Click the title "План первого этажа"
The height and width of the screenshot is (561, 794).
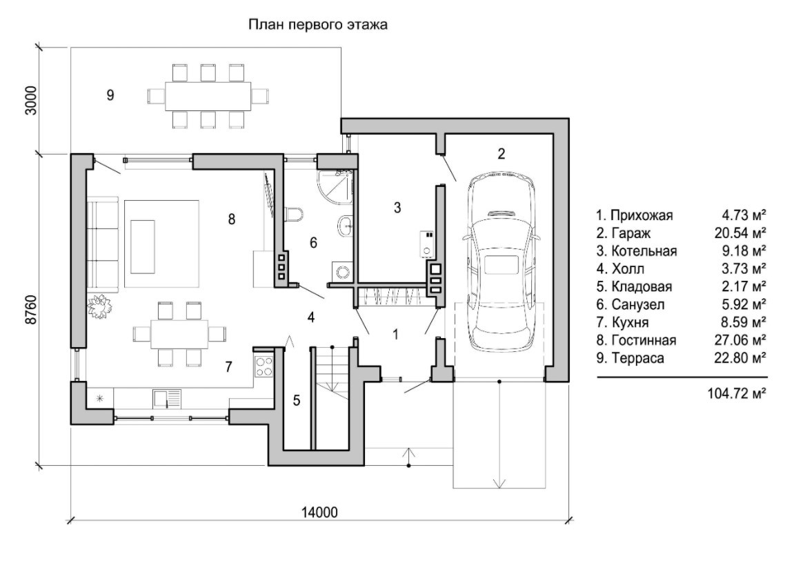(x=318, y=26)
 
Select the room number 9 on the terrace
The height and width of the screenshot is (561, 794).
(x=110, y=96)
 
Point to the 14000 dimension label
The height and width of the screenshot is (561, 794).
(x=319, y=513)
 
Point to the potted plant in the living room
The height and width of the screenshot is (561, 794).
(x=99, y=304)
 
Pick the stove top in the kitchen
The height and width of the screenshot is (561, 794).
(x=264, y=366)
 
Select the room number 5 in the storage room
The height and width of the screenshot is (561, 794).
(x=296, y=400)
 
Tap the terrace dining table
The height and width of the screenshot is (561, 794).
(x=208, y=95)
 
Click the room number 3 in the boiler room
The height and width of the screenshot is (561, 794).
(x=397, y=207)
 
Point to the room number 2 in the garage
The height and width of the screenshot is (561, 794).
(x=502, y=153)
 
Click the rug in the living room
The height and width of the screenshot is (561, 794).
(x=162, y=243)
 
